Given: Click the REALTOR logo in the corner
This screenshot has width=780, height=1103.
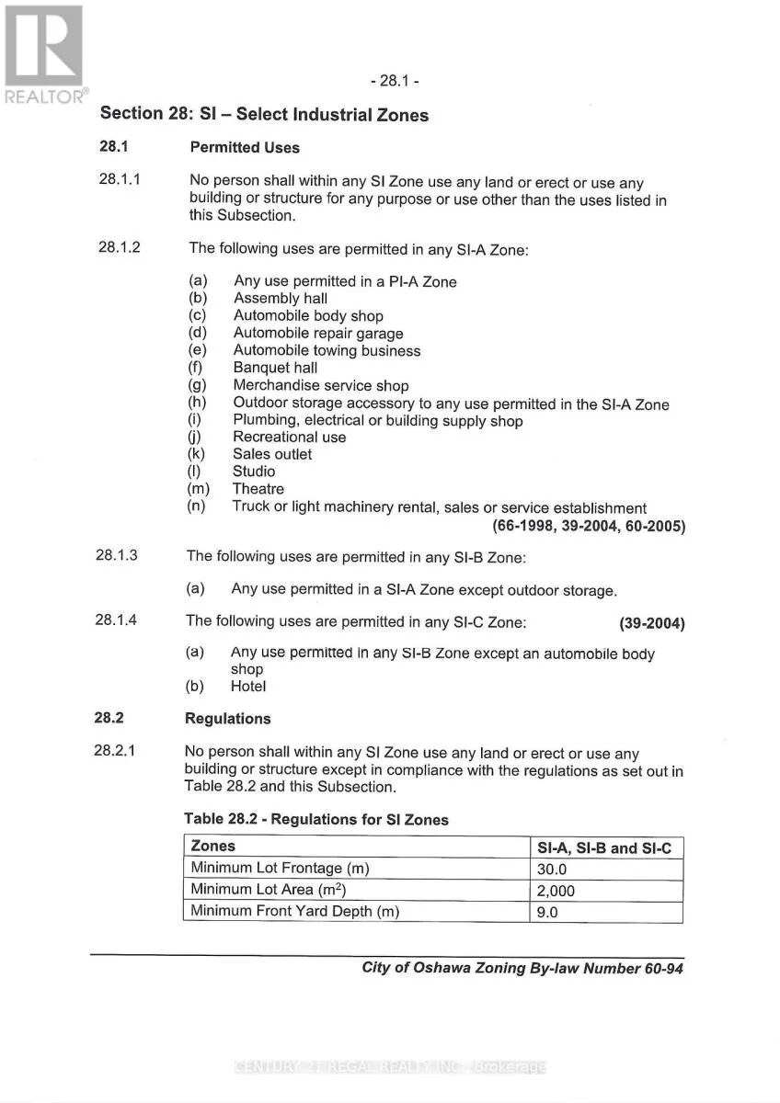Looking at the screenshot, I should [x=44, y=53].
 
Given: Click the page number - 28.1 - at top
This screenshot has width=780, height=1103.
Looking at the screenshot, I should [x=395, y=81].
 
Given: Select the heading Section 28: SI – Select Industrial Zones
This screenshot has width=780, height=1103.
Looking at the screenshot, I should [x=264, y=115].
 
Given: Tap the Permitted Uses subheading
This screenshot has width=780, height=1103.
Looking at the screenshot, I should [x=245, y=147].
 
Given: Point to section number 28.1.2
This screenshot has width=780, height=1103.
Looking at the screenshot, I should [x=120, y=247].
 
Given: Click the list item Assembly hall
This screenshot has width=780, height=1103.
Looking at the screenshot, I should [x=281, y=299].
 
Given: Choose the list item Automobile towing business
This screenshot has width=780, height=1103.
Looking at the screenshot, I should [x=327, y=351].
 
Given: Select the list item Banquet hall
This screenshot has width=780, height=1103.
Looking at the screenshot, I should [x=275, y=369].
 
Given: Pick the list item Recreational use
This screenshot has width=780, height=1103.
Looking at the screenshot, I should [x=289, y=438].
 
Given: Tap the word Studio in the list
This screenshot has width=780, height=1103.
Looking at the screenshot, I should [x=254, y=472].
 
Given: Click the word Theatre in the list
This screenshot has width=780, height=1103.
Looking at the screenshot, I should [x=258, y=489].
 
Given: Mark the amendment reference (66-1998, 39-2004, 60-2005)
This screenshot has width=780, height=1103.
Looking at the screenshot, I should [x=590, y=527].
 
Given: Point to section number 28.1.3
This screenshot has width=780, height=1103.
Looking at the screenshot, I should [x=117, y=556].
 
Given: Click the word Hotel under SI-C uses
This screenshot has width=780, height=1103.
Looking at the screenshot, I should [x=248, y=687].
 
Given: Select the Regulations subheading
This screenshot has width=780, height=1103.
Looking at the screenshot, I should [x=228, y=719].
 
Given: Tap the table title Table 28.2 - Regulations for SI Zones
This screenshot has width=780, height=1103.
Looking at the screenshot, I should [x=316, y=819].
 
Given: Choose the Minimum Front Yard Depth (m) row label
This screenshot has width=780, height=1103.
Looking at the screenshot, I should [x=295, y=912].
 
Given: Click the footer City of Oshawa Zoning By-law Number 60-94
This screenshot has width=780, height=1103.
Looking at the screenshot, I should [x=522, y=968].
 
